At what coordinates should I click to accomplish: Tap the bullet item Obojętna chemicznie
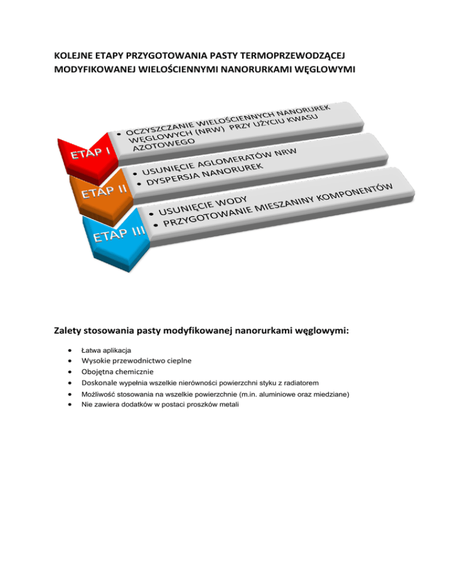coord(117,372)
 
